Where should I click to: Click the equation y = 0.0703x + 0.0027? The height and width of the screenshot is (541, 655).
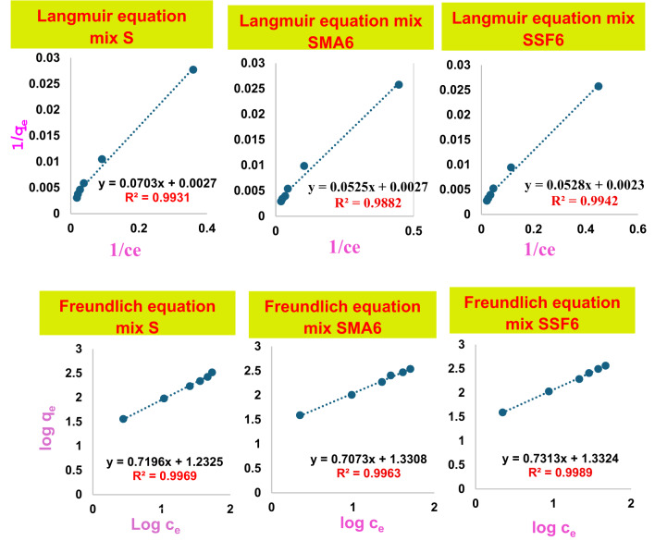(157, 183)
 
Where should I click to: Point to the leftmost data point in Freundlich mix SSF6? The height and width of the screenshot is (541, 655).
(502, 412)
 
